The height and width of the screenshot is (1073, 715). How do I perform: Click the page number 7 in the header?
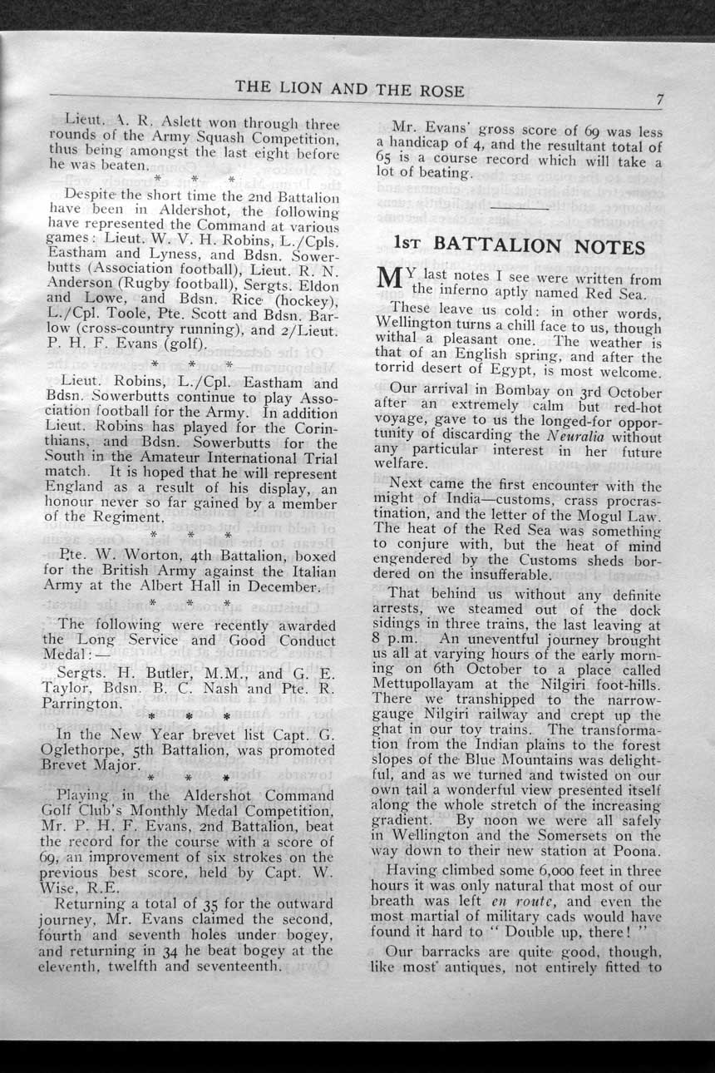(659, 100)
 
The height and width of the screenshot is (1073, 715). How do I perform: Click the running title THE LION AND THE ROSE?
(349, 88)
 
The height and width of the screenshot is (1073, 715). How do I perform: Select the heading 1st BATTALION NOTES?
(519, 246)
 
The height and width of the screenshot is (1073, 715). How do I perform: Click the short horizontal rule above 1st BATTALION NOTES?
(519, 207)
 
